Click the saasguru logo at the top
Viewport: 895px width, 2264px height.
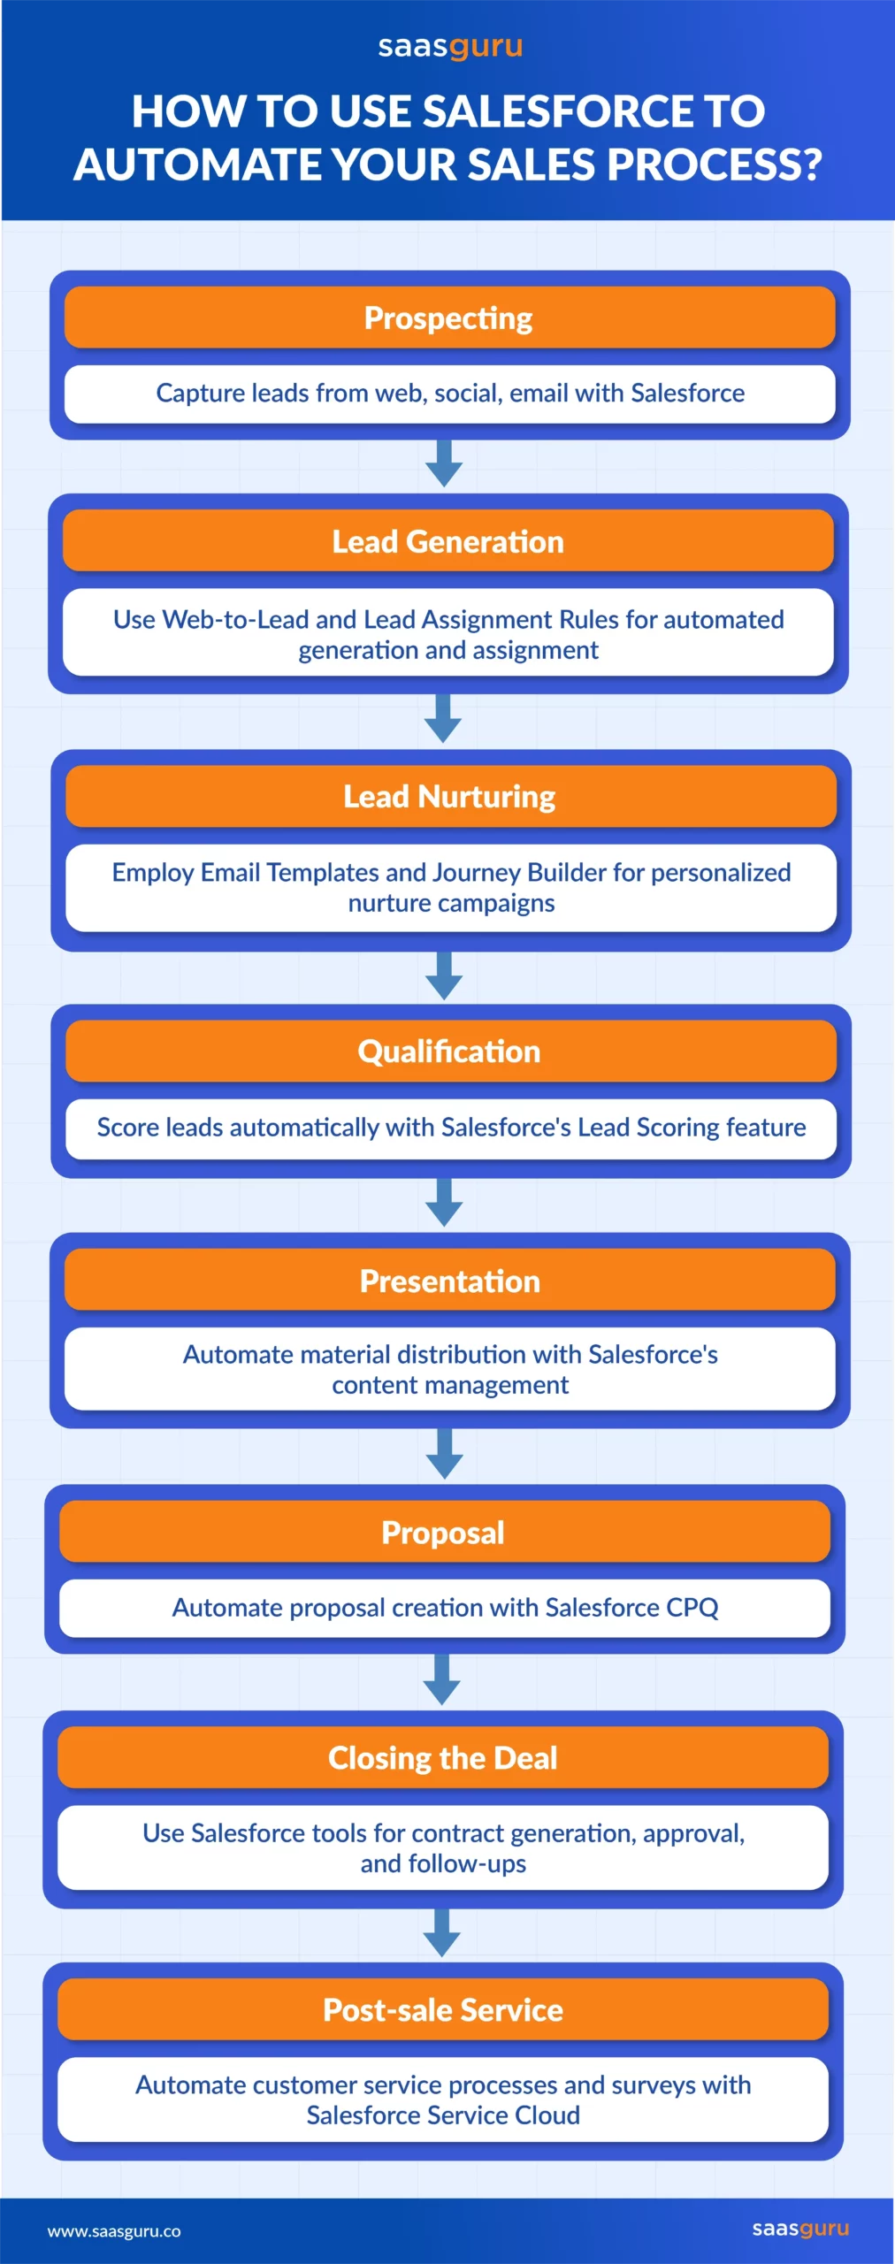pyautogui.click(x=450, y=47)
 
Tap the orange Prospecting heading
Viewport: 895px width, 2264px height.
pyautogui.click(x=449, y=317)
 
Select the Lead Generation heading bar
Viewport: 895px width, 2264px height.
pyautogui.click(x=448, y=541)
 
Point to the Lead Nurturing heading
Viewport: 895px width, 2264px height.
pyautogui.click(x=450, y=796)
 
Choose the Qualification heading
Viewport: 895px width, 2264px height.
pyautogui.click(x=450, y=1051)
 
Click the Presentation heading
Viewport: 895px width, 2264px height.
pyautogui.click(x=450, y=1281)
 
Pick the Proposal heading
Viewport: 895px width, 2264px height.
pyautogui.click(x=444, y=1532)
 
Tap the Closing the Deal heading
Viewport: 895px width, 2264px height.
pyautogui.click(x=443, y=1756)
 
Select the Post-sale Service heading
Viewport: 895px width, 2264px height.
pyautogui.click(x=443, y=2009)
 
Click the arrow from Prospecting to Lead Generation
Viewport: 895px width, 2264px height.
pyautogui.click(x=444, y=463)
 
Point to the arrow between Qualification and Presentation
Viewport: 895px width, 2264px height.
pyautogui.click(x=444, y=1202)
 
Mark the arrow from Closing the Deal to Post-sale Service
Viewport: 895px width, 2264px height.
pyautogui.click(x=442, y=1932)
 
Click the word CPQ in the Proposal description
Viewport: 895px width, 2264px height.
pyautogui.click(x=692, y=1607)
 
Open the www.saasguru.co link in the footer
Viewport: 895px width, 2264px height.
pyautogui.click(x=114, y=2230)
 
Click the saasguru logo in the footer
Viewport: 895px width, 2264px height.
pyautogui.click(x=800, y=2229)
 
